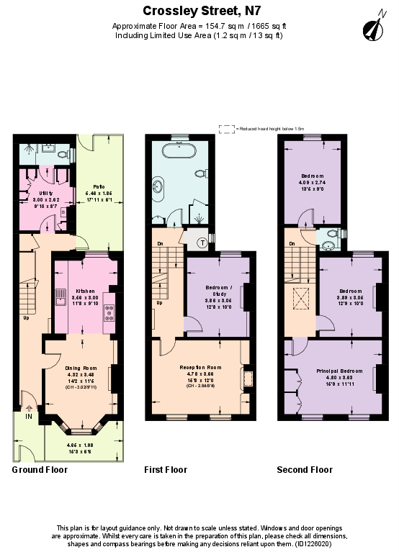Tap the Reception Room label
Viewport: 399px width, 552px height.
[199, 367]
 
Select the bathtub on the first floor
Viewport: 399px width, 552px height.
[178, 150]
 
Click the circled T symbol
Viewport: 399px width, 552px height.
[202, 243]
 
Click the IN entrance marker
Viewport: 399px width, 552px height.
[29, 417]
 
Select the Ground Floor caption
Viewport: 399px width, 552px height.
[40, 470]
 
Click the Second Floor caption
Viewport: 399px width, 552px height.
[305, 470]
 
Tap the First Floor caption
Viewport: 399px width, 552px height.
[166, 470]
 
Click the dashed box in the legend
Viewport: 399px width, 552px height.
[226, 129]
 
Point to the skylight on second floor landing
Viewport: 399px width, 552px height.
[298, 297]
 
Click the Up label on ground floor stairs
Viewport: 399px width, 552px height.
[27, 318]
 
